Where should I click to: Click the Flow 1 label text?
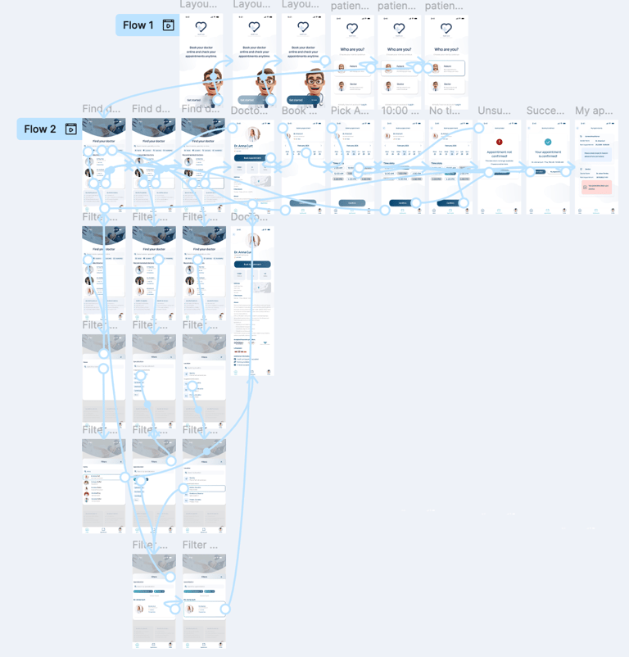138,25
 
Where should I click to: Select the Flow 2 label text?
40,129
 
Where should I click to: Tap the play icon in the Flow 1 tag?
168,25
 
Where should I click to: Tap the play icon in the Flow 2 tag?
71,129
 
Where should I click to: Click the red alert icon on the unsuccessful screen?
500,143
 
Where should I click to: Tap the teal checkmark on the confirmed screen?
548,143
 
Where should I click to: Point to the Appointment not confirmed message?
500,154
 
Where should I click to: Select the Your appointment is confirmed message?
548,154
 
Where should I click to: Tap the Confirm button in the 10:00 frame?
401,202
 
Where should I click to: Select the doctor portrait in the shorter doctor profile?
253,134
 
